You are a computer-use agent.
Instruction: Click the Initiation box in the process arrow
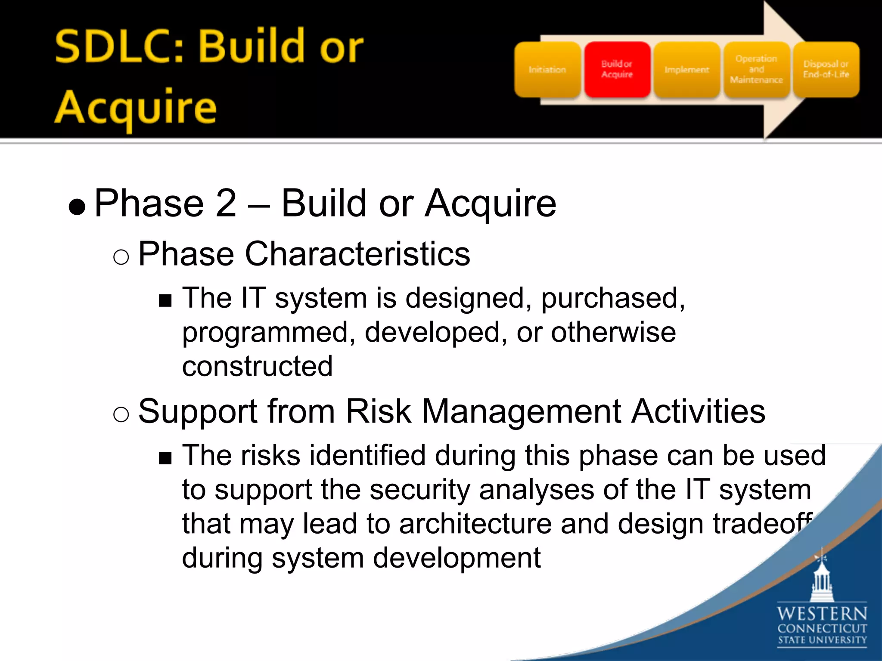pyautogui.click(x=547, y=70)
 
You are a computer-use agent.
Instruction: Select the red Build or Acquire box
pyautogui.click(x=617, y=70)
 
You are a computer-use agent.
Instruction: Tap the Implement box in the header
pyautogui.click(x=686, y=70)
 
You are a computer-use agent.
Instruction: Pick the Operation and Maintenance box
pyautogui.click(x=756, y=70)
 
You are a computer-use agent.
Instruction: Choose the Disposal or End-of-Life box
pyautogui.click(x=826, y=70)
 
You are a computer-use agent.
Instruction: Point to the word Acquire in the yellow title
pyautogui.click(x=135, y=108)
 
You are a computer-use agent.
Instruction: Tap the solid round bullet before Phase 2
pyautogui.click(x=77, y=207)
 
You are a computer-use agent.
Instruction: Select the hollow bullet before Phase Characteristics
pyautogui.click(x=121, y=257)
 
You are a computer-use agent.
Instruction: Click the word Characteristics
pyautogui.click(x=357, y=254)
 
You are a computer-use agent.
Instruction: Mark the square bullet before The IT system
pyautogui.click(x=165, y=300)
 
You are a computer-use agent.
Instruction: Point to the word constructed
pyautogui.click(x=257, y=366)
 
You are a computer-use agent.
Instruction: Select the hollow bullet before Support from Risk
pyautogui.click(x=121, y=415)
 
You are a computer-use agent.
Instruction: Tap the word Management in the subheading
pyautogui.click(x=521, y=412)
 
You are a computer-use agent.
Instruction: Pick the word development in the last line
pyautogui.click(x=456, y=558)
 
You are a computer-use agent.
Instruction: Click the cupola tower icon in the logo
pyautogui.click(x=822, y=579)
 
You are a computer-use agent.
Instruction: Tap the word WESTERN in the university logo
pyautogui.click(x=822, y=613)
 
